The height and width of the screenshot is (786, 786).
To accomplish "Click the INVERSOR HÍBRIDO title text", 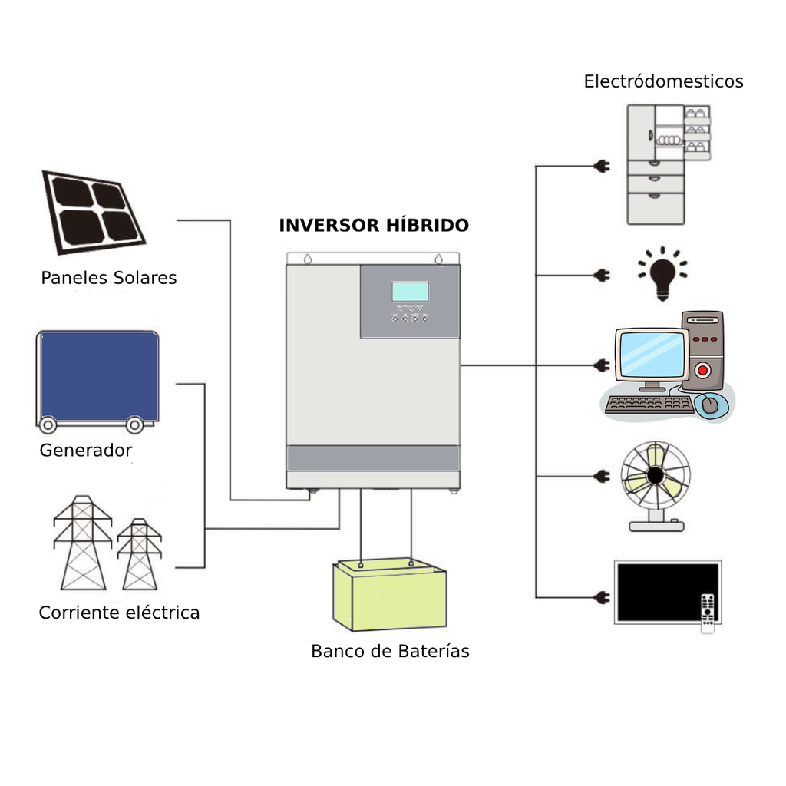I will coord(373,226).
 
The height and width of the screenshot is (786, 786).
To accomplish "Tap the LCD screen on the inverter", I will coord(410,292).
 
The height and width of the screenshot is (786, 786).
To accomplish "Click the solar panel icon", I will coord(94,212).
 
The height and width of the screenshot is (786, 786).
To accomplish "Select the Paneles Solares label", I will coord(108,278).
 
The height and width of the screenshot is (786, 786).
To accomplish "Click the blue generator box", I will coord(99,377).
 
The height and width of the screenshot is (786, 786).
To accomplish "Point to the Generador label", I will coord(85,451).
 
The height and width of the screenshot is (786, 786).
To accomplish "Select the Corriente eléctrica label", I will coord(119,613).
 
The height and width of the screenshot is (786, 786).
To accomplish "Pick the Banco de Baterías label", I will coord(390,652).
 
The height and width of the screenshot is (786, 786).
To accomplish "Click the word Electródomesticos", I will coord(663,81).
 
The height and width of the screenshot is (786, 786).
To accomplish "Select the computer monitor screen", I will coord(651,355).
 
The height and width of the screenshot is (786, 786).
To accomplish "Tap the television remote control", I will coord(708,613).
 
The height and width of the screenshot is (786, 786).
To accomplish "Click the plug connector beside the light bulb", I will coord(603,275).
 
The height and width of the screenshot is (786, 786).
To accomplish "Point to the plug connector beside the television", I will coord(603,597).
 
